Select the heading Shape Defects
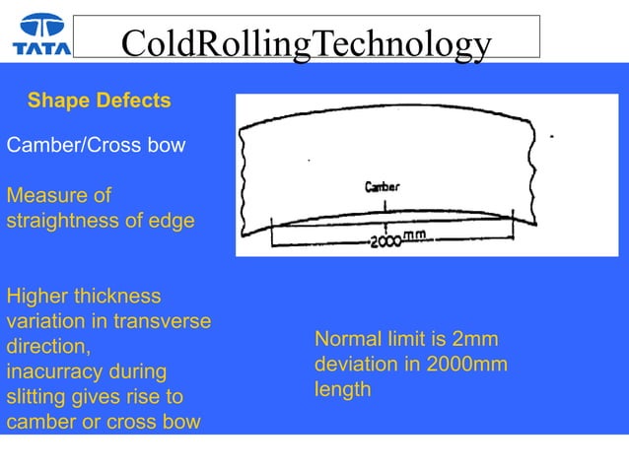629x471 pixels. [99, 101]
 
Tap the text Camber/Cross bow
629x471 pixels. [96, 146]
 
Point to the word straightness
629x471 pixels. [69, 221]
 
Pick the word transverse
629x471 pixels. [163, 321]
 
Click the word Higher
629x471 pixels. [38, 296]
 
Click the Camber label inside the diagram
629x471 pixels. [383, 186]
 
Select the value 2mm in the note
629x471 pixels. [472, 339]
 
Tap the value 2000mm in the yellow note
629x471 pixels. [466, 365]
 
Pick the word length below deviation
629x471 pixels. [342, 390]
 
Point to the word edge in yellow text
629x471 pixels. [174, 221]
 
